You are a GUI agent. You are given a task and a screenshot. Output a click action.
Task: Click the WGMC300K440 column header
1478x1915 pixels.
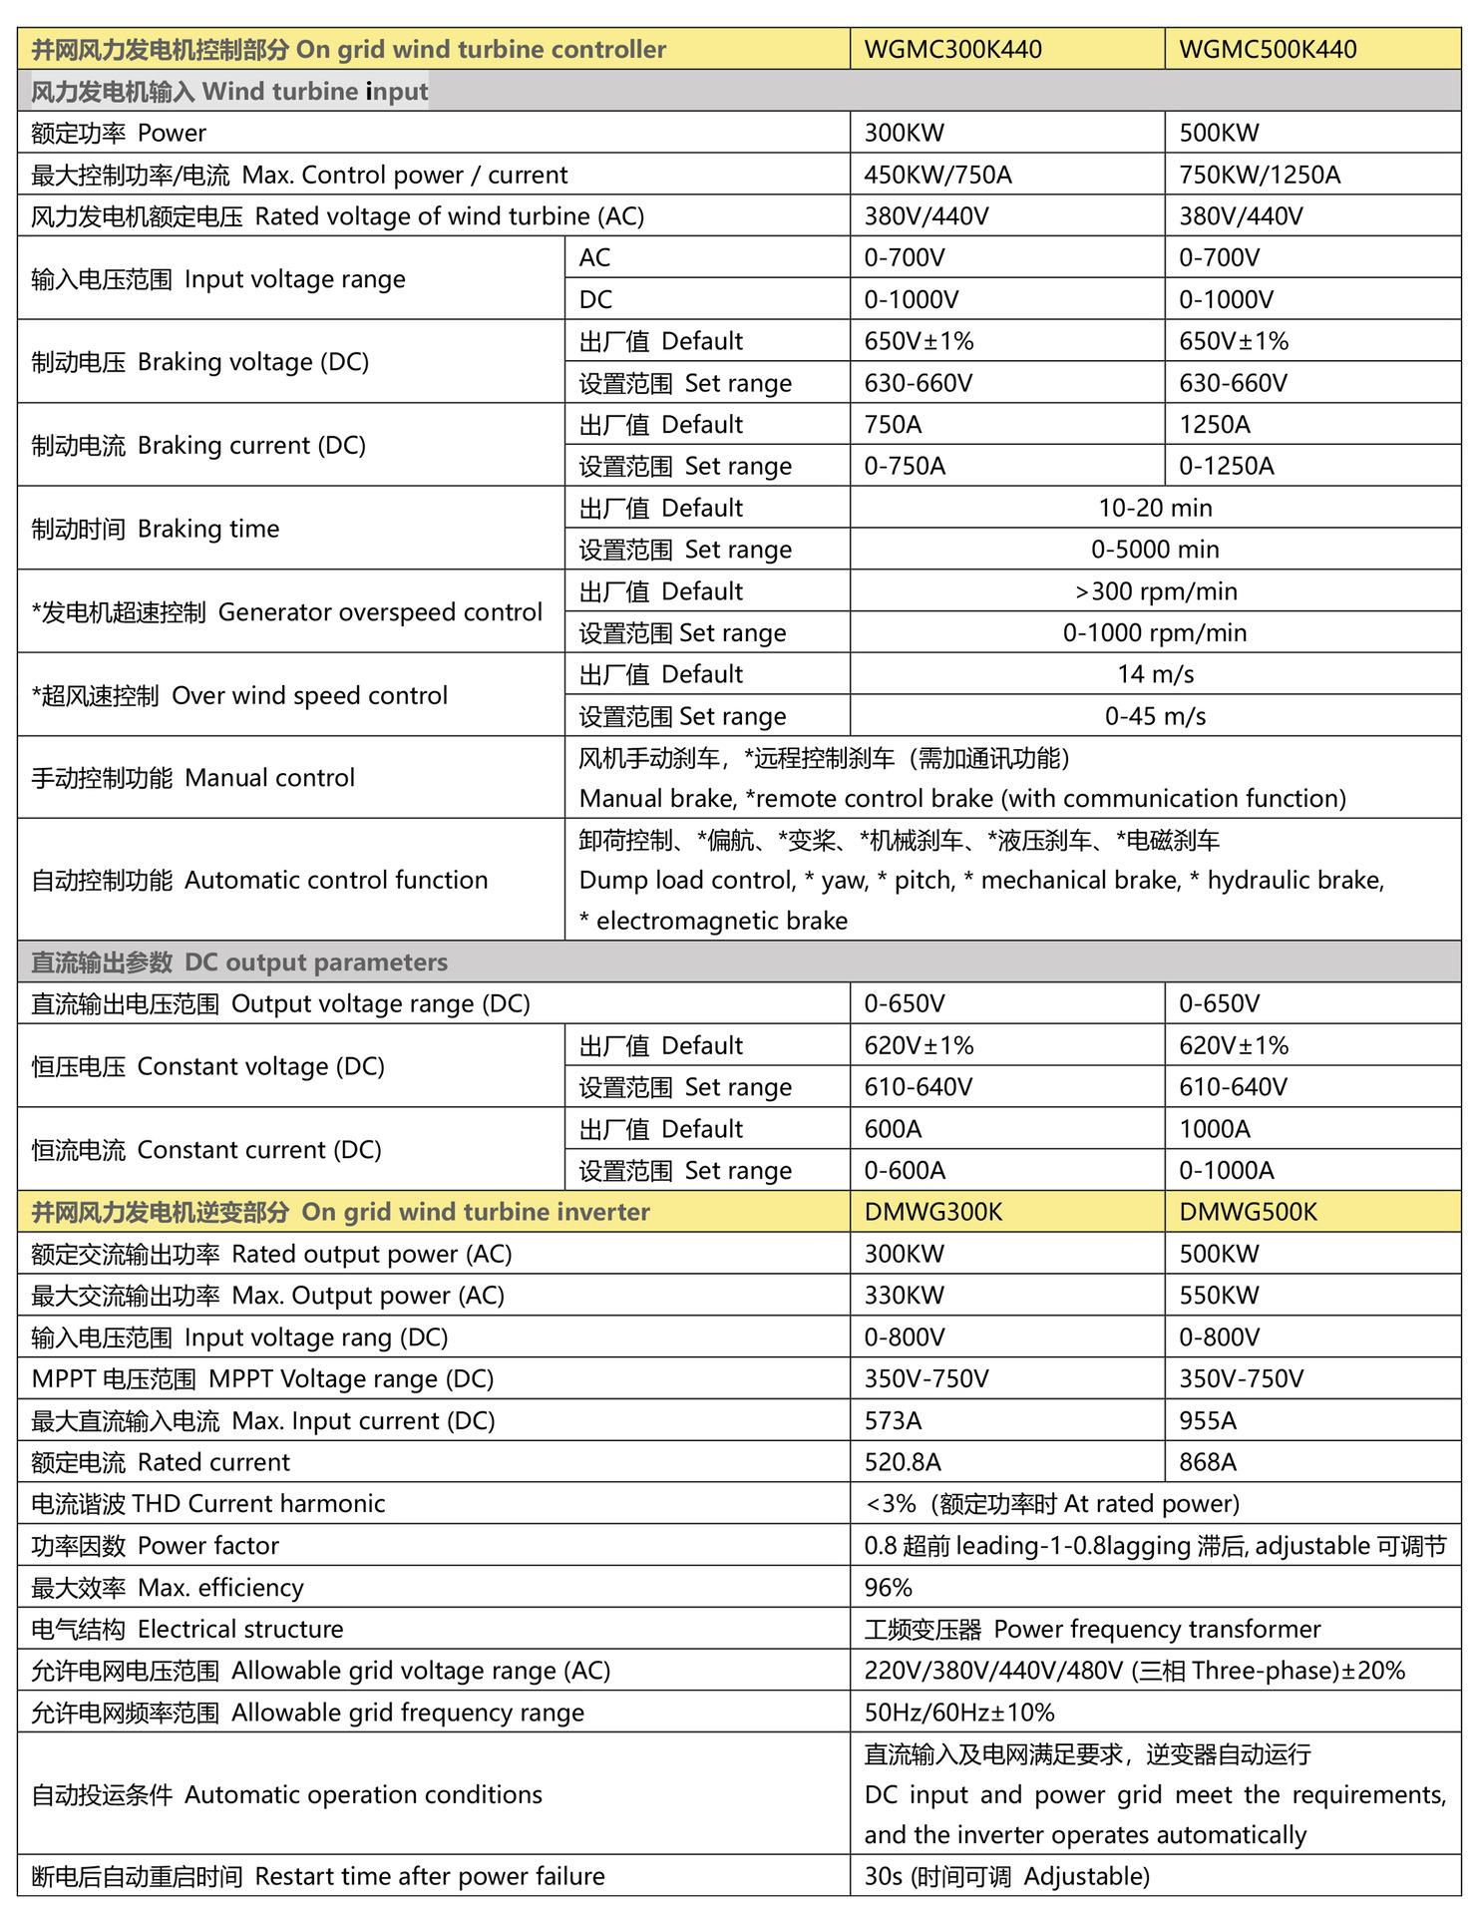pyautogui.click(x=952, y=49)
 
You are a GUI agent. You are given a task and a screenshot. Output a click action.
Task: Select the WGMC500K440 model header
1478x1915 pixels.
pyautogui.click(x=1267, y=49)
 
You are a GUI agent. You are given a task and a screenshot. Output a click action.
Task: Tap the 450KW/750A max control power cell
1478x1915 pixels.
pyautogui.click(x=937, y=176)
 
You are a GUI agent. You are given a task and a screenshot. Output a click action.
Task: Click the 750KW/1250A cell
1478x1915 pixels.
pyautogui.click(x=1259, y=176)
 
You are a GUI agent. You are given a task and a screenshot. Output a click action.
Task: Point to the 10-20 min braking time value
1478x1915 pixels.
pyautogui.click(x=1155, y=508)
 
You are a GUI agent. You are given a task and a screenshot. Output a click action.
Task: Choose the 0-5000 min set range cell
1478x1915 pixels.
pyautogui.click(x=1155, y=550)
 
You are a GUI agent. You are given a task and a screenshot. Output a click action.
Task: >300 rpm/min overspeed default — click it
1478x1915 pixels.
pyautogui.click(x=1155, y=591)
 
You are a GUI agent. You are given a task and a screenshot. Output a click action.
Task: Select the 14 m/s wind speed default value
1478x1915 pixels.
pyautogui.click(x=1155, y=674)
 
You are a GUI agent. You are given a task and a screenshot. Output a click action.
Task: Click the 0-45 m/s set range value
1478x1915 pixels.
pyautogui.click(x=1155, y=716)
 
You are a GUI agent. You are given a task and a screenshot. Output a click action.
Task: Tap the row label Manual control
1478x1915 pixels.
pyautogui.click(x=192, y=778)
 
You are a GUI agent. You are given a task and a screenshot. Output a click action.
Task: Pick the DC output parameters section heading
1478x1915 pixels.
pyautogui.click(x=239, y=962)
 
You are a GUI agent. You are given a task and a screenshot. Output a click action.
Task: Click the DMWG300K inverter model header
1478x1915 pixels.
pyautogui.click(x=932, y=1212)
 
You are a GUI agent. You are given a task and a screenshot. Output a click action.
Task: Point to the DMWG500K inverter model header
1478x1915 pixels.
pyautogui.click(x=1248, y=1212)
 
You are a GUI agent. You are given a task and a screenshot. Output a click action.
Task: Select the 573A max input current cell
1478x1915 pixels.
pyautogui.click(x=893, y=1420)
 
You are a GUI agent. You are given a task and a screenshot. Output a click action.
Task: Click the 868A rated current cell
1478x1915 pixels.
pyautogui.click(x=1207, y=1462)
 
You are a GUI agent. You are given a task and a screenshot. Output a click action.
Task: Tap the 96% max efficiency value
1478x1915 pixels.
pyautogui.click(x=889, y=1587)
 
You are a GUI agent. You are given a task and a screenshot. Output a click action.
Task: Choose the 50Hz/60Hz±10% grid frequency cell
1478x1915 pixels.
pyautogui.click(x=958, y=1713)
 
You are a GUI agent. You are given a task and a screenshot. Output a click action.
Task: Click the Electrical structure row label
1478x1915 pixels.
pyautogui.click(x=187, y=1629)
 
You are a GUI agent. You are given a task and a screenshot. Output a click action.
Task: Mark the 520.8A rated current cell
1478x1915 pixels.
pyautogui.click(x=903, y=1462)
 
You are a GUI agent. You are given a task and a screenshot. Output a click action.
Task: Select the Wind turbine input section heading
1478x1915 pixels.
pyautogui.click(x=229, y=92)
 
